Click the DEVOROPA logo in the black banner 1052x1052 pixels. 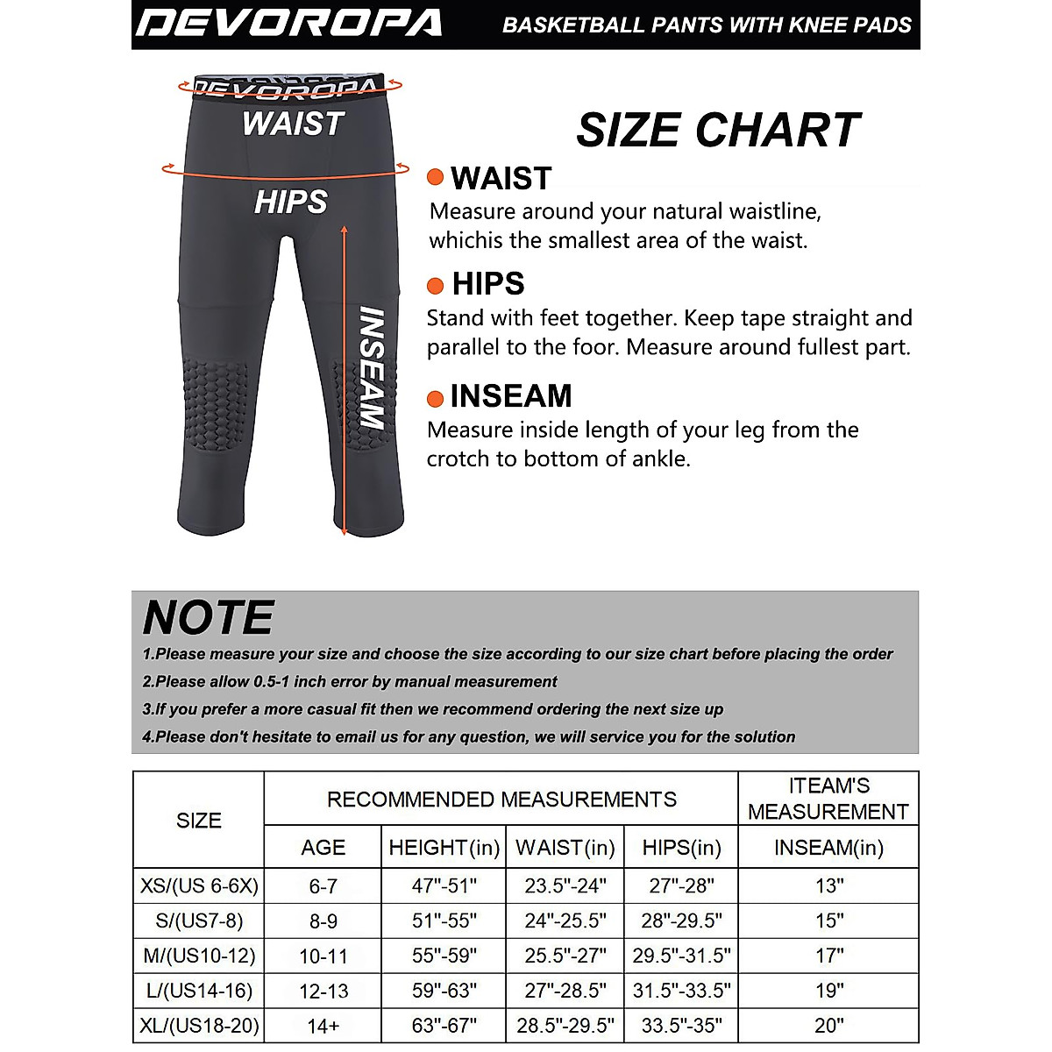(289, 24)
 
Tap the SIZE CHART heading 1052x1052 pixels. (718, 131)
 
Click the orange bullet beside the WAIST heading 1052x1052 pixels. (435, 177)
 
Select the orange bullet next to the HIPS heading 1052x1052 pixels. (435, 285)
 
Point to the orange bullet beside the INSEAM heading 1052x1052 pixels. (435, 398)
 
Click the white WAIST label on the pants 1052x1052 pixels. (293, 124)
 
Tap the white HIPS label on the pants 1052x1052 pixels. (290, 203)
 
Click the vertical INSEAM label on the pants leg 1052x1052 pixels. (372, 368)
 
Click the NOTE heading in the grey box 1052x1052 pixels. (209, 617)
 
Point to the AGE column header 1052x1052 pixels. (323, 848)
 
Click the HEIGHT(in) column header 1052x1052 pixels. (444, 848)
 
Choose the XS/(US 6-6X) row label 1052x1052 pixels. (199, 886)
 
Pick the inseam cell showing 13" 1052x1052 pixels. (828, 886)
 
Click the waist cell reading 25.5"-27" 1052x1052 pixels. (565, 956)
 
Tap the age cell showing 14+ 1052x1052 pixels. (323, 1026)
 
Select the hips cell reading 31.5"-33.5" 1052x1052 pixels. (681, 991)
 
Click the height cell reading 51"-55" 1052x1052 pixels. (444, 921)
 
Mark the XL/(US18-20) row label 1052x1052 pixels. (199, 1026)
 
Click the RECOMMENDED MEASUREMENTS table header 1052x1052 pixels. (501, 800)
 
